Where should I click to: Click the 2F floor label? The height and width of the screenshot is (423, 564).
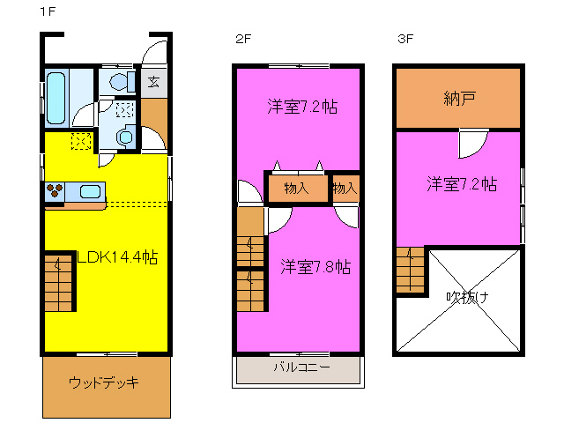[x=242, y=38]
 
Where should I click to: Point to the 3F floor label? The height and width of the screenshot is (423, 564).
[x=404, y=38]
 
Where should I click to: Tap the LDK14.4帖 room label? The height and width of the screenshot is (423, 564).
[x=118, y=258]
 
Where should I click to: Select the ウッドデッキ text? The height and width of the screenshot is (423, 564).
[x=104, y=382]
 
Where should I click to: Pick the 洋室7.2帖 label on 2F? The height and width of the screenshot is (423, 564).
[x=303, y=108]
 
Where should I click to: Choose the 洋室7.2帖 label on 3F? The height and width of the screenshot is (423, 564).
[x=462, y=184]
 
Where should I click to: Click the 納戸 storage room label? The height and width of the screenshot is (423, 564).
[x=458, y=98]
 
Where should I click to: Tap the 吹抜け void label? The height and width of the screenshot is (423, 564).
[x=466, y=297]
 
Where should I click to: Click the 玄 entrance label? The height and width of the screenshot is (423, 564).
[x=153, y=83]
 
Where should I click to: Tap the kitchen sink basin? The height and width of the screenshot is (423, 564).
[x=91, y=190]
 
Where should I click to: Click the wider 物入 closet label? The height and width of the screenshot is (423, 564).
[x=296, y=188]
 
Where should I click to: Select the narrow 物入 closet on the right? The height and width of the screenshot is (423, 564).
[x=345, y=188]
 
